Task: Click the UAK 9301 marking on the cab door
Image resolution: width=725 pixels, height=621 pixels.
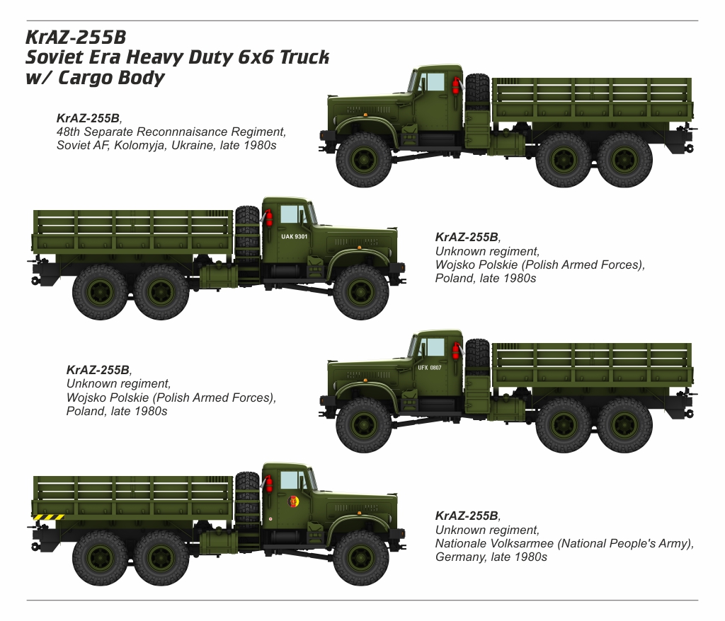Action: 294,236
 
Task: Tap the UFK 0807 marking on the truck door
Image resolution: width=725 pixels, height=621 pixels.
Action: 430,368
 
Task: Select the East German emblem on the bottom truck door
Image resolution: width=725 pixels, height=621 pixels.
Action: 292,501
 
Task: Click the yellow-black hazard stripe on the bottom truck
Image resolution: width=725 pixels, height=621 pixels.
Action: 49,517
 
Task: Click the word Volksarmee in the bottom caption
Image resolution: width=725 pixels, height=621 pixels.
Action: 521,543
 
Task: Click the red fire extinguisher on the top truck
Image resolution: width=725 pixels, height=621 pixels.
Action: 456,86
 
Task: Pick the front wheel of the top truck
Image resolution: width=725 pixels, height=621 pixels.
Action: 363,160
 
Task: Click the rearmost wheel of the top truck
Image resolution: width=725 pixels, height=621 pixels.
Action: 624,160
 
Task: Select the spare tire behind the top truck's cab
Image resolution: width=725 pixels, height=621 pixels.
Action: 478,93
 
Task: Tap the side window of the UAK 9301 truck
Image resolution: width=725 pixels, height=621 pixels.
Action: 290,214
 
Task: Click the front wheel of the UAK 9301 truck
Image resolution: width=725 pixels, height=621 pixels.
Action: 361,292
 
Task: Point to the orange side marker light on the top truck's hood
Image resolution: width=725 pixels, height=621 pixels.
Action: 365,114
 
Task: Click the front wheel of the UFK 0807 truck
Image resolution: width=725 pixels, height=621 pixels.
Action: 363,425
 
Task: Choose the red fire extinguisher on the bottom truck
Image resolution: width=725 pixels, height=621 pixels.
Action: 268,484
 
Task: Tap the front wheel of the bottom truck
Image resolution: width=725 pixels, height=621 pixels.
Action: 361,558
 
